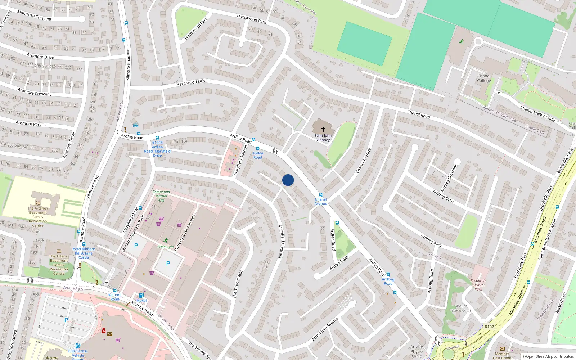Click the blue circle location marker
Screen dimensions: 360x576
coord(288,180)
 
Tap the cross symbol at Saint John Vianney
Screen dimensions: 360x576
coord(323,129)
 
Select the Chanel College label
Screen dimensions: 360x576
coord(484,78)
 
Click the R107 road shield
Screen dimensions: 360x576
coord(489,327)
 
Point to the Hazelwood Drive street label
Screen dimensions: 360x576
coord(192,83)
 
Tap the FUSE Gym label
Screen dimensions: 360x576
coord(166,247)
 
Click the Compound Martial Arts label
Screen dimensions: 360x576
coord(161,196)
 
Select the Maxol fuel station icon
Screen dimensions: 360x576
coord(141,295)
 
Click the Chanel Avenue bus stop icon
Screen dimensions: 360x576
coord(321,195)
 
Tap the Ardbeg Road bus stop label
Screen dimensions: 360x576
coord(388,281)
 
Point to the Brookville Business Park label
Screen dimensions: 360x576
coord(478,285)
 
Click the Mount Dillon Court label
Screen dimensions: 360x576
coord(462,308)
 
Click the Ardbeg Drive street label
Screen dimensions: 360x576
coord(444,197)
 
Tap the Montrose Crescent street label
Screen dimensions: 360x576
coord(35,15)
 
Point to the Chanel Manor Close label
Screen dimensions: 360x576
coord(537,113)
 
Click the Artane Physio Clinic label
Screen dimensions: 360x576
coord(417,351)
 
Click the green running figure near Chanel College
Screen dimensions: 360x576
coord(461,42)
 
